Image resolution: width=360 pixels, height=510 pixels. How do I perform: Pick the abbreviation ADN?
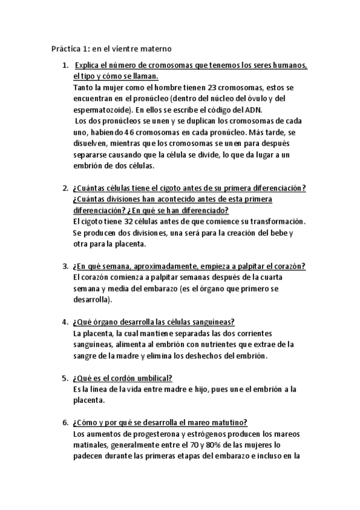254,109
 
